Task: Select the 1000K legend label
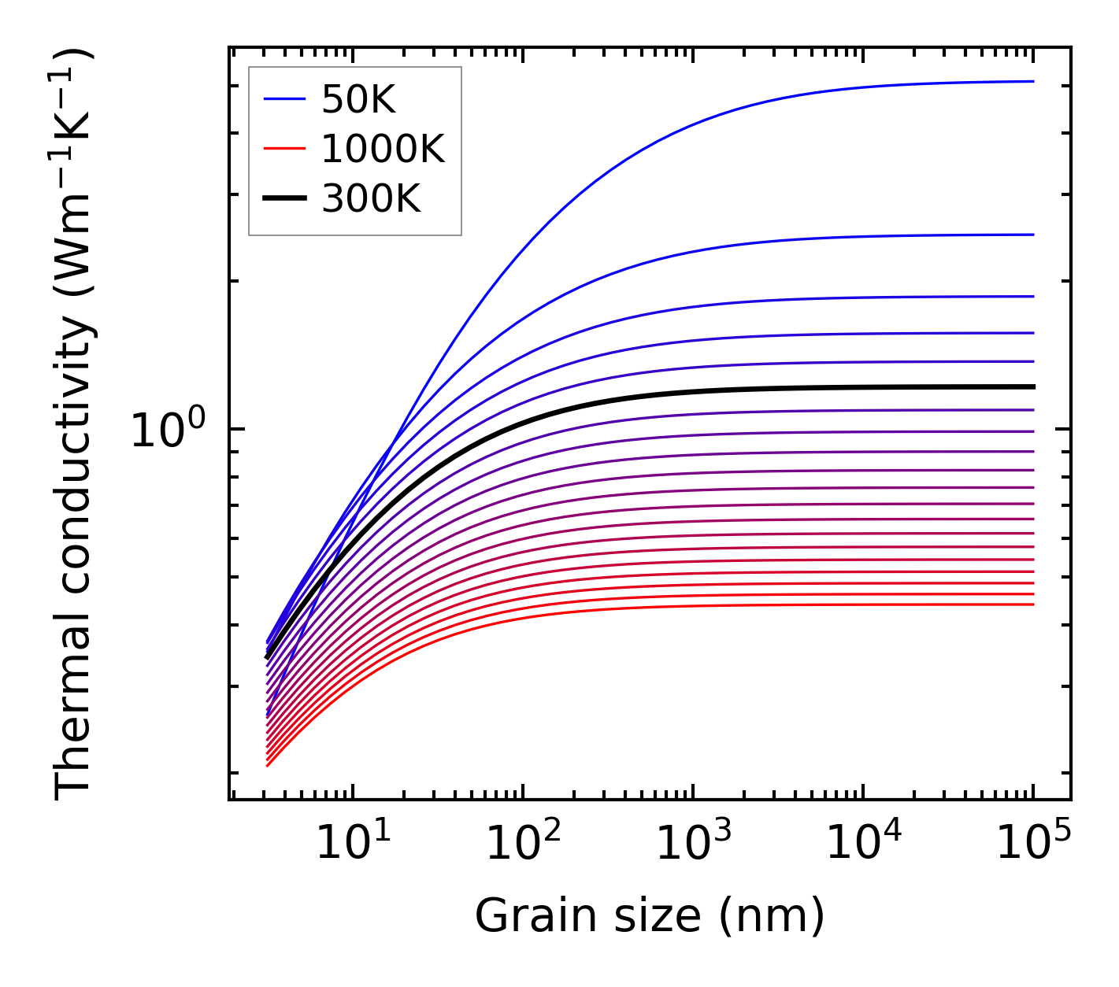[x=383, y=149]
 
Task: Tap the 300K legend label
[x=371, y=199]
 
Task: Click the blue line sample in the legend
[x=284, y=99]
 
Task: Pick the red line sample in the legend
[x=284, y=149]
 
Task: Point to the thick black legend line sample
[x=284, y=198]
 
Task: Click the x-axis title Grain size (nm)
[x=650, y=916]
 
